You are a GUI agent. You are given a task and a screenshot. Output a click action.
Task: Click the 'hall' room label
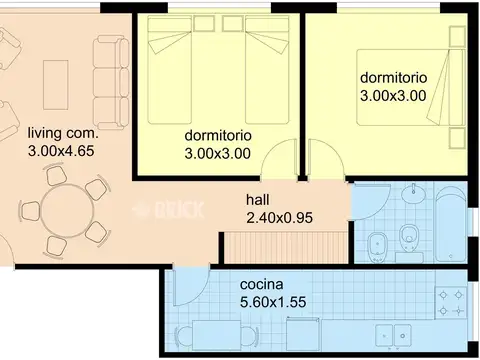pos(258,200)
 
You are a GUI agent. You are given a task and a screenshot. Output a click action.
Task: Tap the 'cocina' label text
pos(262,284)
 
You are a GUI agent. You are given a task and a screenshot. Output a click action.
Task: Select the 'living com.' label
pos(63,133)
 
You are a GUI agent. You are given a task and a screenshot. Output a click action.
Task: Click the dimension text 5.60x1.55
pos(273,302)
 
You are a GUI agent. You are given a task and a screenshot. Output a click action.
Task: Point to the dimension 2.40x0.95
pos(279,218)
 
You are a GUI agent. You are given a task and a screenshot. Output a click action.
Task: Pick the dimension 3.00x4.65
pos(61,151)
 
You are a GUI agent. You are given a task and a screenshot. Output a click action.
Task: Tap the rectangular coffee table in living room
pos(56,85)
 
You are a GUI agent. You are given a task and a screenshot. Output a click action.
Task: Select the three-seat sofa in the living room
pos(111,83)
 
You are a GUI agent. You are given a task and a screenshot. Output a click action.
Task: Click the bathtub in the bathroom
pos(451,223)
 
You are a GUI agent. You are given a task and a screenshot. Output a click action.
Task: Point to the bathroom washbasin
pos(413,193)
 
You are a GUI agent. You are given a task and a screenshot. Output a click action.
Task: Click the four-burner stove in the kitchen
pos(451,303)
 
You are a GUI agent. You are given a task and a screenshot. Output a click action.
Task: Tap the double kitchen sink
pos(393,335)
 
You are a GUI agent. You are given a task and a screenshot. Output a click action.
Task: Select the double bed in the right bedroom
pos(410,87)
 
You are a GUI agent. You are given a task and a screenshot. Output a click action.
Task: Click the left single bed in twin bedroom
pos(170,70)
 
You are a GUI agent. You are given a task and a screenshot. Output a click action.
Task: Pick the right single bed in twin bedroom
pos(267,70)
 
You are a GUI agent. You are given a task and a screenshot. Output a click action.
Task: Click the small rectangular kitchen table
pos(217,335)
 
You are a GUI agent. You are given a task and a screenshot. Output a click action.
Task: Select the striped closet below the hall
pos(285,247)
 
